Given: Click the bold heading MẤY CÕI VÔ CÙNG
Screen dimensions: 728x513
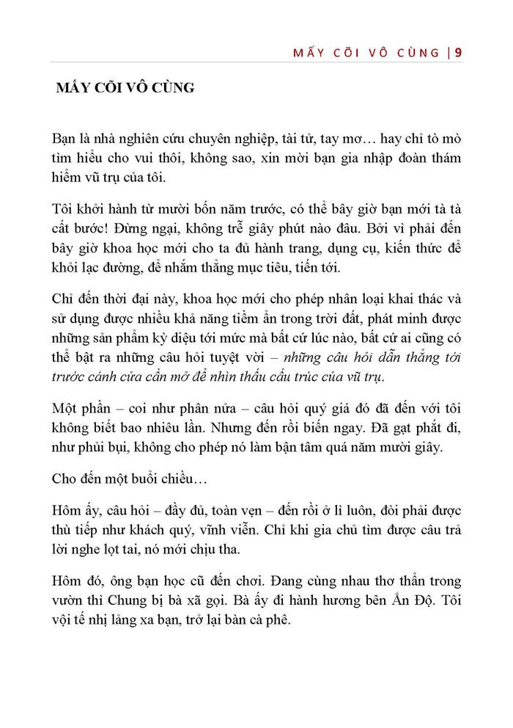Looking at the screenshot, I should coord(125,89).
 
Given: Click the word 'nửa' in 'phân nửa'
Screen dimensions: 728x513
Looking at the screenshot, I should coord(211,408).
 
